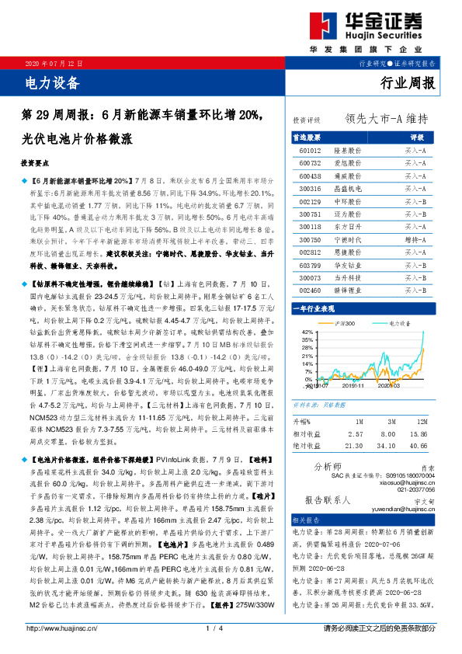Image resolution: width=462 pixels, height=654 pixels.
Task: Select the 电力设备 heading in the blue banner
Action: [x=53, y=80]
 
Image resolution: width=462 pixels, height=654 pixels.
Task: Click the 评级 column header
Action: [x=415, y=136]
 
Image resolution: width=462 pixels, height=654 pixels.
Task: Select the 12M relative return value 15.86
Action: [x=419, y=433]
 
